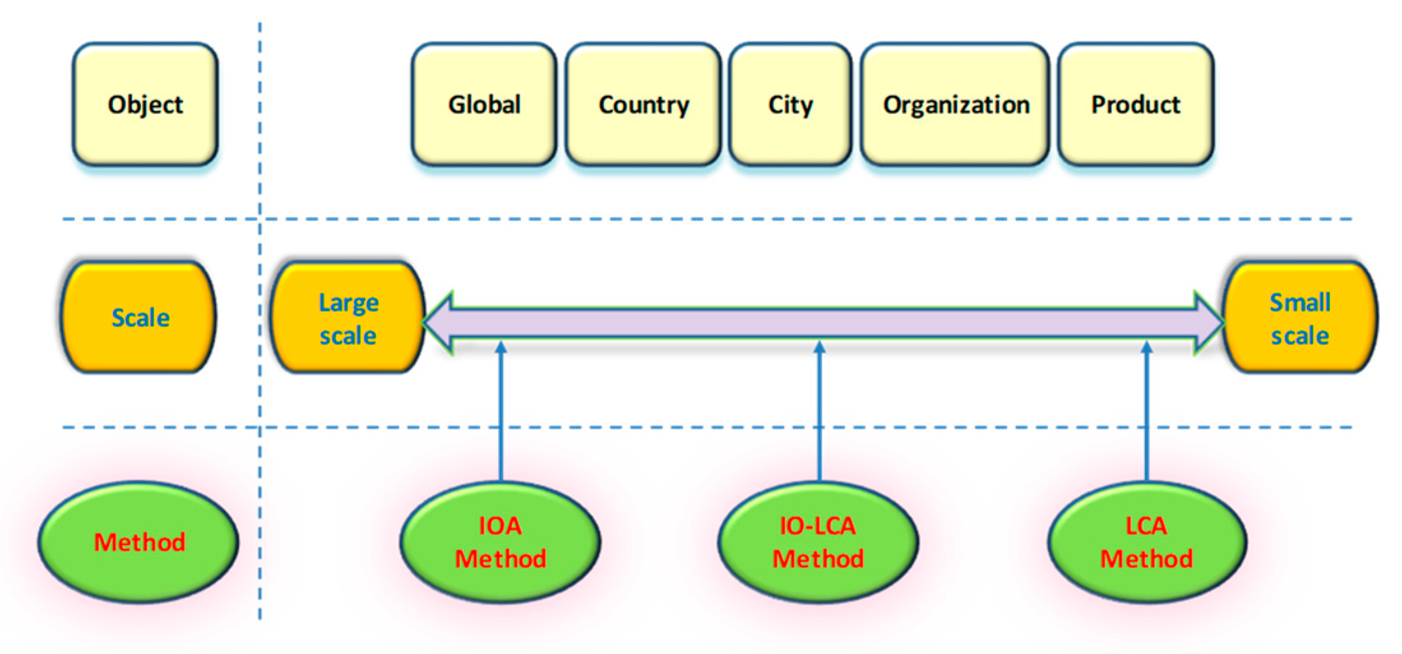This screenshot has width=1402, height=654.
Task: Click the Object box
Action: pyautogui.click(x=145, y=105)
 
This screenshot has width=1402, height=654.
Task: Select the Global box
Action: pyautogui.click(x=484, y=105)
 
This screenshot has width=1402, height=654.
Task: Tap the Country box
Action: pyautogui.click(x=643, y=105)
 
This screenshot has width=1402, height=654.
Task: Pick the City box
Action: pyautogui.click(x=790, y=105)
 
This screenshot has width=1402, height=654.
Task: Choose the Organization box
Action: pyautogui.click(x=955, y=105)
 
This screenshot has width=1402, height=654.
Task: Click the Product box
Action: pyautogui.click(x=1135, y=105)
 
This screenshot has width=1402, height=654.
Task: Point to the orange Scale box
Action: pyautogui.click(x=139, y=317)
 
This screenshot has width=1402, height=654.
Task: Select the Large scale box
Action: pyautogui.click(x=348, y=317)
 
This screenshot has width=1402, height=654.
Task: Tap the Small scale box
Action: pyautogui.click(x=1300, y=317)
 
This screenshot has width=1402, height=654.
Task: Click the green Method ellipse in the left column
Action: pyautogui.click(x=139, y=542)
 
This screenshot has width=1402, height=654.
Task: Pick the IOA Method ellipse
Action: pyautogui.click(x=500, y=542)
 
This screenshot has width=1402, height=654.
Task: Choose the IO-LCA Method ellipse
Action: pyautogui.click(x=818, y=542)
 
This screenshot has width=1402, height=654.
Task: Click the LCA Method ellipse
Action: pyautogui.click(x=1146, y=542)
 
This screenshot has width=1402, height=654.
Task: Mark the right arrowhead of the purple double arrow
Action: pyautogui.click(x=1207, y=323)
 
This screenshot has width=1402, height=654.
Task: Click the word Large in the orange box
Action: pyautogui.click(x=349, y=302)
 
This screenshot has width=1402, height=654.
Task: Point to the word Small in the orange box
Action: pyautogui.click(x=1300, y=302)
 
